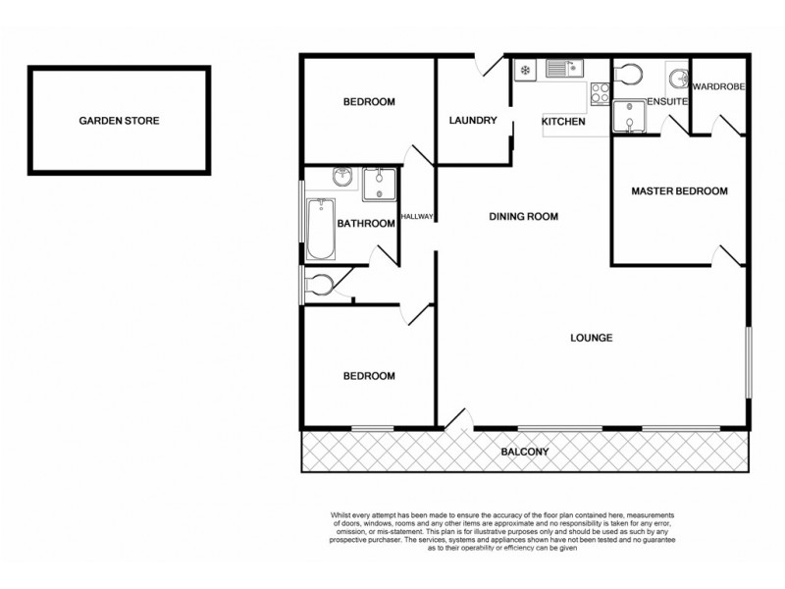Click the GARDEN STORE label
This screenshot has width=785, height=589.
click(x=119, y=121)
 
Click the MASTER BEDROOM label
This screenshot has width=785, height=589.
click(x=679, y=191)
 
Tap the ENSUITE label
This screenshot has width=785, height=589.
click(x=668, y=101)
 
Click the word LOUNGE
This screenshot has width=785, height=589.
click(x=592, y=338)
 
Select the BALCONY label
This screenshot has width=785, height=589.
click(x=524, y=453)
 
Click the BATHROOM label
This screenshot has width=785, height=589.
click(x=365, y=224)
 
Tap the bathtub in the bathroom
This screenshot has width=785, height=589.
click(x=321, y=229)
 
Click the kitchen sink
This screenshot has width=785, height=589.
click(x=563, y=69)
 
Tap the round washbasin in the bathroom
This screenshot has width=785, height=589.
click(x=341, y=178)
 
